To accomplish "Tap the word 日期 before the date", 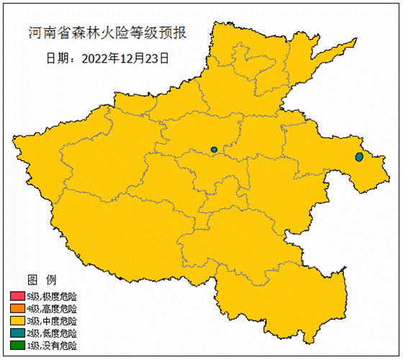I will (58, 57).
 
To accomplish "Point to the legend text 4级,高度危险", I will (52, 309).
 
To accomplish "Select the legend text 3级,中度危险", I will (52, 321).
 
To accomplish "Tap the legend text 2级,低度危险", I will (52, 333).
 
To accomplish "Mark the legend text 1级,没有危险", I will (52, 346).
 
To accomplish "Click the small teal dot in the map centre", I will (214, 150).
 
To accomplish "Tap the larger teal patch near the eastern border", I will (360, 157).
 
